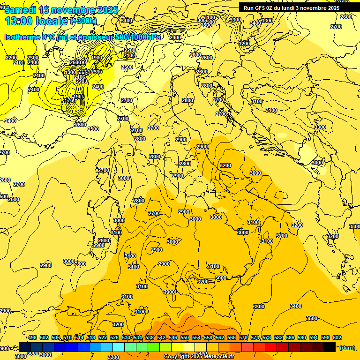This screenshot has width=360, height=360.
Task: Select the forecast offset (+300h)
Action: click(x=83, y=21)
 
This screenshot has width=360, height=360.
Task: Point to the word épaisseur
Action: click(x=90, y=37)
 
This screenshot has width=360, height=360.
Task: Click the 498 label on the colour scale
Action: click(x=32, y=337)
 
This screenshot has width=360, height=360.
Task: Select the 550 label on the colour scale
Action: click(x=185, y=337)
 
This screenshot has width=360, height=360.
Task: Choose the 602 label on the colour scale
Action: click(x=337, y=337)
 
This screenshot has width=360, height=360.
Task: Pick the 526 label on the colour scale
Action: click(x=114, y=337)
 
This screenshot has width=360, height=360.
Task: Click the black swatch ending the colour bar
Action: click(x=330, y=347)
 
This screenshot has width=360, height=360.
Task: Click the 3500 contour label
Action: click(x=312, y=318)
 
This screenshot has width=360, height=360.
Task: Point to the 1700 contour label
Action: click(x=71, y=100)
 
